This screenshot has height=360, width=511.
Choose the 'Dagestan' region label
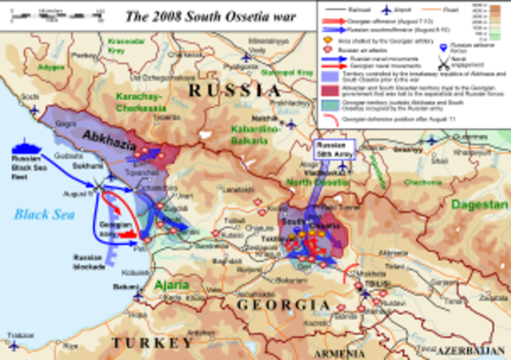pyautogui.click(x=477, y=204)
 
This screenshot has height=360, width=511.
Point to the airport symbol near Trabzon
pyautogui.click(x=14, y=345)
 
